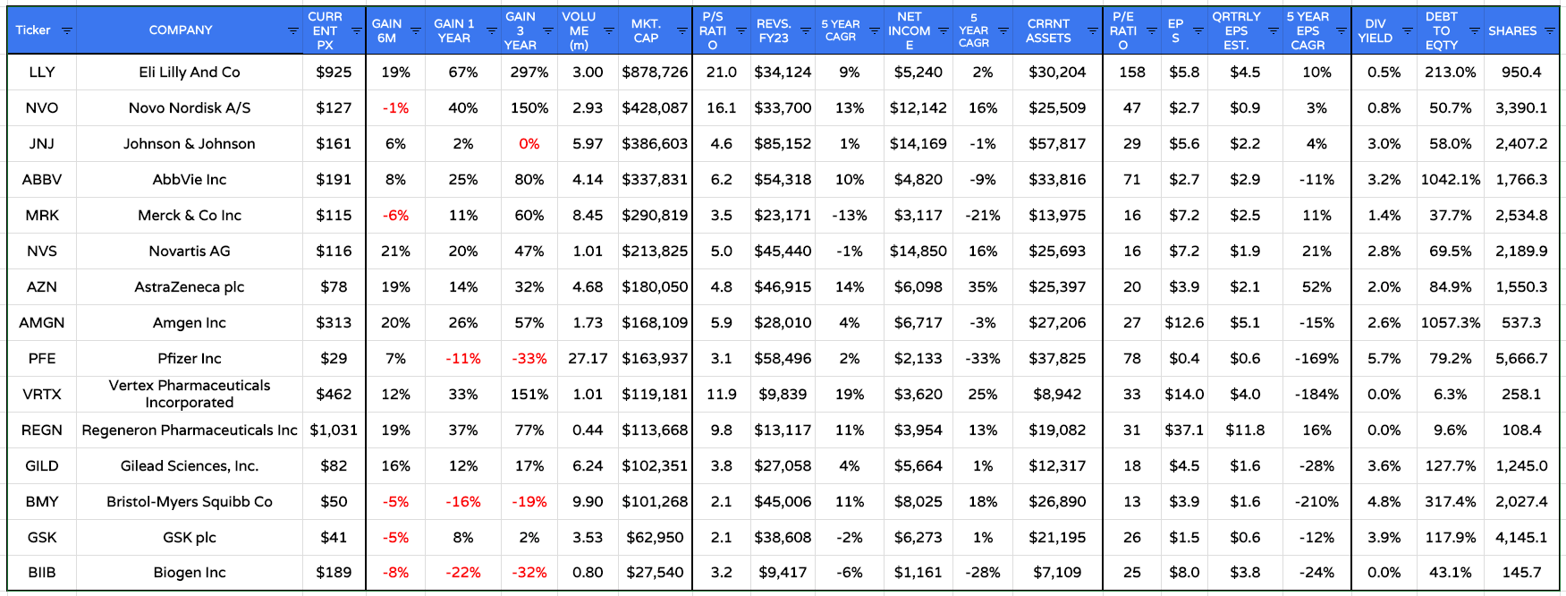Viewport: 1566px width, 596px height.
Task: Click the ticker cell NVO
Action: point(42,108)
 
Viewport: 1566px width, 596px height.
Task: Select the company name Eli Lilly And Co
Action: point(190,72)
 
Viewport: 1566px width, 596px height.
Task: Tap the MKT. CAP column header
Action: point(646,30)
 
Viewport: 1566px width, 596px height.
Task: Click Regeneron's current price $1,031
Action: point(334,430)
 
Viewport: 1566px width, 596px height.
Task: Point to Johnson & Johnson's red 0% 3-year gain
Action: point(529,144)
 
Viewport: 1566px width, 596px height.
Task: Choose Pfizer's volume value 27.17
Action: point(588,359)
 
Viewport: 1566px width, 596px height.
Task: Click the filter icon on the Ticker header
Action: point(66,30)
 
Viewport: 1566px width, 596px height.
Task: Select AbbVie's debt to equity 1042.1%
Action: point(1450,180)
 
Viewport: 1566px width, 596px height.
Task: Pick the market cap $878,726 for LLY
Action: point(655,72)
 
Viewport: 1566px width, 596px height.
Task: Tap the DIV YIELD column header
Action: point(1375,30)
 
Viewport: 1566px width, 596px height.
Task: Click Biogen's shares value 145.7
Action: point(1521,573)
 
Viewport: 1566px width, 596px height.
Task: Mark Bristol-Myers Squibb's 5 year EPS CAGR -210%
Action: point(1316,502)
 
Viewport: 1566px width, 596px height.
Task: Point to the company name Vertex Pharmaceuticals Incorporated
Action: point(190,394)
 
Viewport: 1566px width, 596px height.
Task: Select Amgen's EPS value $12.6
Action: point(1184,323)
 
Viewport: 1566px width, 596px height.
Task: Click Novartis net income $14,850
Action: point(918,251)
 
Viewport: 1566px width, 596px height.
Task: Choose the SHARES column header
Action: point(1511,30)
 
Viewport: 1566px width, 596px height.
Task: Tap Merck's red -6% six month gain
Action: point(395,216)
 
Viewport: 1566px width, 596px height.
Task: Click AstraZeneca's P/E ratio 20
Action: point(1131,287)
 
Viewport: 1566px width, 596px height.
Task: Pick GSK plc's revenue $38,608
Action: point(783,538)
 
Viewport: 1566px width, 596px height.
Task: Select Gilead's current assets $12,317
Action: point(1056,466)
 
